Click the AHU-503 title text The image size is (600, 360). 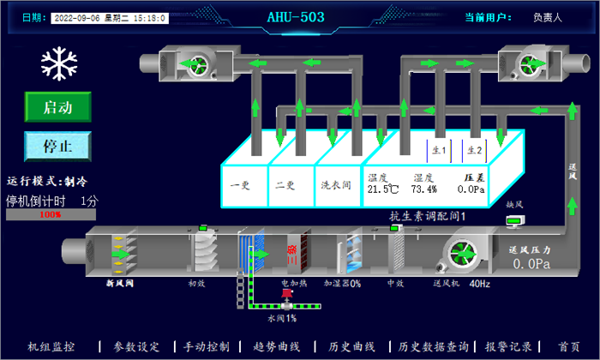click(x=295, y=15)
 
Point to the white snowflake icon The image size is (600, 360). click(x=57, y=63)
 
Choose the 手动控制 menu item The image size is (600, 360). click(x=207, y=346)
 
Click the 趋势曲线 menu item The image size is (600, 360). click(x=278, y=346)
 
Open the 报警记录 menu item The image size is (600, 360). click(x=509, y=346)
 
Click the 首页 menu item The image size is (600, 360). click(x=568, y=346)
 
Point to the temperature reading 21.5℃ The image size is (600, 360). click(x=383, y=189)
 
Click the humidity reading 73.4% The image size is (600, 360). click(x=423, y=189)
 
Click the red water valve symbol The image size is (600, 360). click(x=283, y=299)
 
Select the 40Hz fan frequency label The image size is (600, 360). click(x=480, y=282)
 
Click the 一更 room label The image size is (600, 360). click(x=240, y=183)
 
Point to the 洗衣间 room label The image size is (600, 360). click(x=333, y=183)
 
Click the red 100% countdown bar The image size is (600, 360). click(x=51, y=214)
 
